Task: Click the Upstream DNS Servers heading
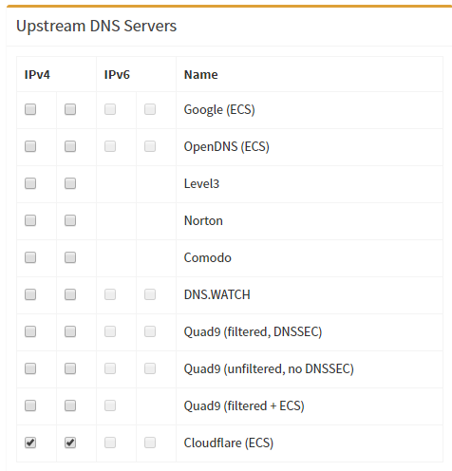[x=96, y=26]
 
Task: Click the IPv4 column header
[x=37, y=75]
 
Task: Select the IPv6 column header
[x=117, y=75]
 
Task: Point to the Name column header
[x=201, y=75]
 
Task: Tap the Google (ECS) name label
[x=219, y=110]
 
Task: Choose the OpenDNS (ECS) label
[x=227, y=147]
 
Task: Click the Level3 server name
[x=201, y=183]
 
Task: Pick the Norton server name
[x=203, y=220]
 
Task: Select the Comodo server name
[x=208, y=257]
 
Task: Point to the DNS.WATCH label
[x=217, y=294]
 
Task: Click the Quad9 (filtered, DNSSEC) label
[x=253, y=332]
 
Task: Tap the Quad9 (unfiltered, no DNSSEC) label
[x=269, y=369]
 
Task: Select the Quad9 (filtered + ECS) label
[x=244, y=406]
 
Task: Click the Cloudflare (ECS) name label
[x=229, y=443]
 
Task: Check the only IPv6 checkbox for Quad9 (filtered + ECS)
[x=110, y=405]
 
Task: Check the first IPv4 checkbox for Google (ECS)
[x=30, y=109]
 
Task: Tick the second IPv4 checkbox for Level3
[x=70, y=183]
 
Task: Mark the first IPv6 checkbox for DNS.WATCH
[x=110, y=294]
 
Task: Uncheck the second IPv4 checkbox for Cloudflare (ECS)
[x=70, y=443]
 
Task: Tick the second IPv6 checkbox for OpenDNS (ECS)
[x=150, y=146]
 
